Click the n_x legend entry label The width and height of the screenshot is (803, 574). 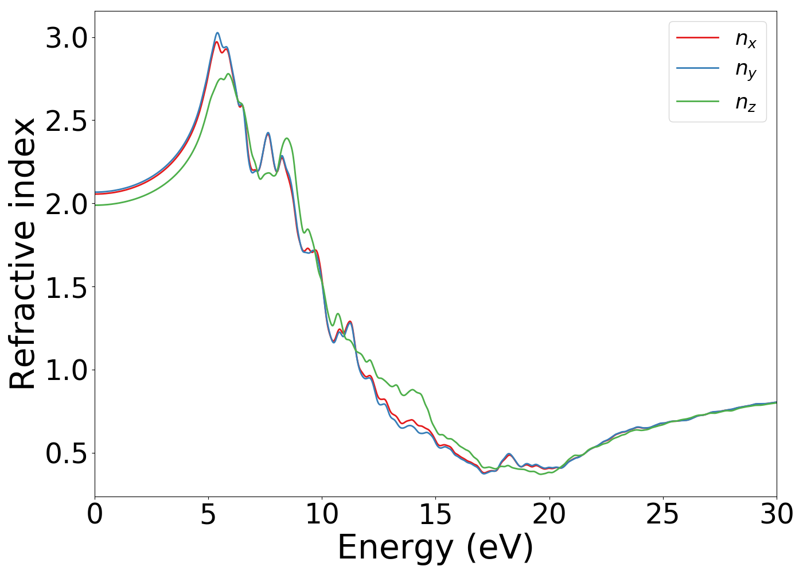pos(746,38)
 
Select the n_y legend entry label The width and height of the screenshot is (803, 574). pos(746,70)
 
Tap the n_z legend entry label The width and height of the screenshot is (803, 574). pos(746,102)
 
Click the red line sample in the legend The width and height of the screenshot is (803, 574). pos(697,37)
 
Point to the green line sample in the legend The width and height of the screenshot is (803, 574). pos(697,101)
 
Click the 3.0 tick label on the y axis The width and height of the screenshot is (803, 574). pos(67,38)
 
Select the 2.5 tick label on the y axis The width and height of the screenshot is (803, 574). pos(67,121)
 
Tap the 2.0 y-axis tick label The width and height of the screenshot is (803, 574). pos(67,204)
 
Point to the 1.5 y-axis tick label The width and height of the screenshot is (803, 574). pos(67,287)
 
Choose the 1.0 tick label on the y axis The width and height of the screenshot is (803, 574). pos(67,370)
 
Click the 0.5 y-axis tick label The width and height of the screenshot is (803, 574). pos(67,453)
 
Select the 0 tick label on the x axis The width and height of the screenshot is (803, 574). pos(95,514)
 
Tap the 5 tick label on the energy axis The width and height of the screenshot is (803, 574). pos(208,514)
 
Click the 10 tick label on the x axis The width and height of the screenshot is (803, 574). pos(322,514)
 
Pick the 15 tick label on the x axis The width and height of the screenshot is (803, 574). pos(435,514)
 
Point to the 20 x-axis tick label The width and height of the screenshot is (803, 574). pos(549,514)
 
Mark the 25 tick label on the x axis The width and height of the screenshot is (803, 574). pos(662,514)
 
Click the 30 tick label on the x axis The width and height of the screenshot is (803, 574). pos(776,514)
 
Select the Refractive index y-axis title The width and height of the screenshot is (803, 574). pos(23,254)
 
